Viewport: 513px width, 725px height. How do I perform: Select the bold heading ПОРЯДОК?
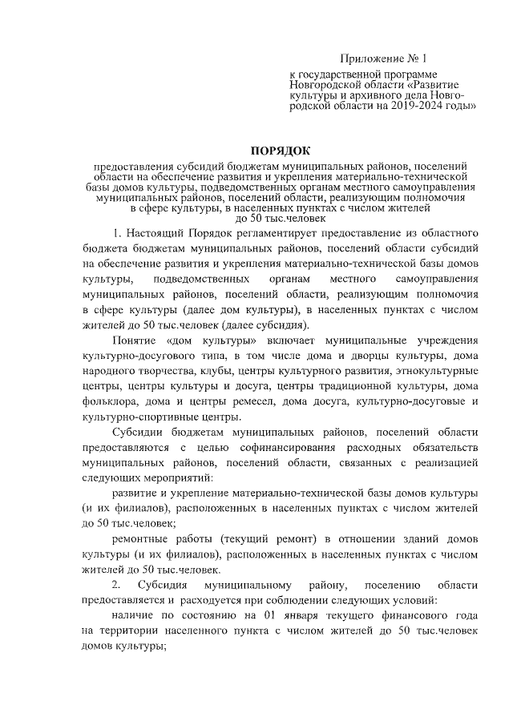281,151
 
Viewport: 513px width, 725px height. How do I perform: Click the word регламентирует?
289,234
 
